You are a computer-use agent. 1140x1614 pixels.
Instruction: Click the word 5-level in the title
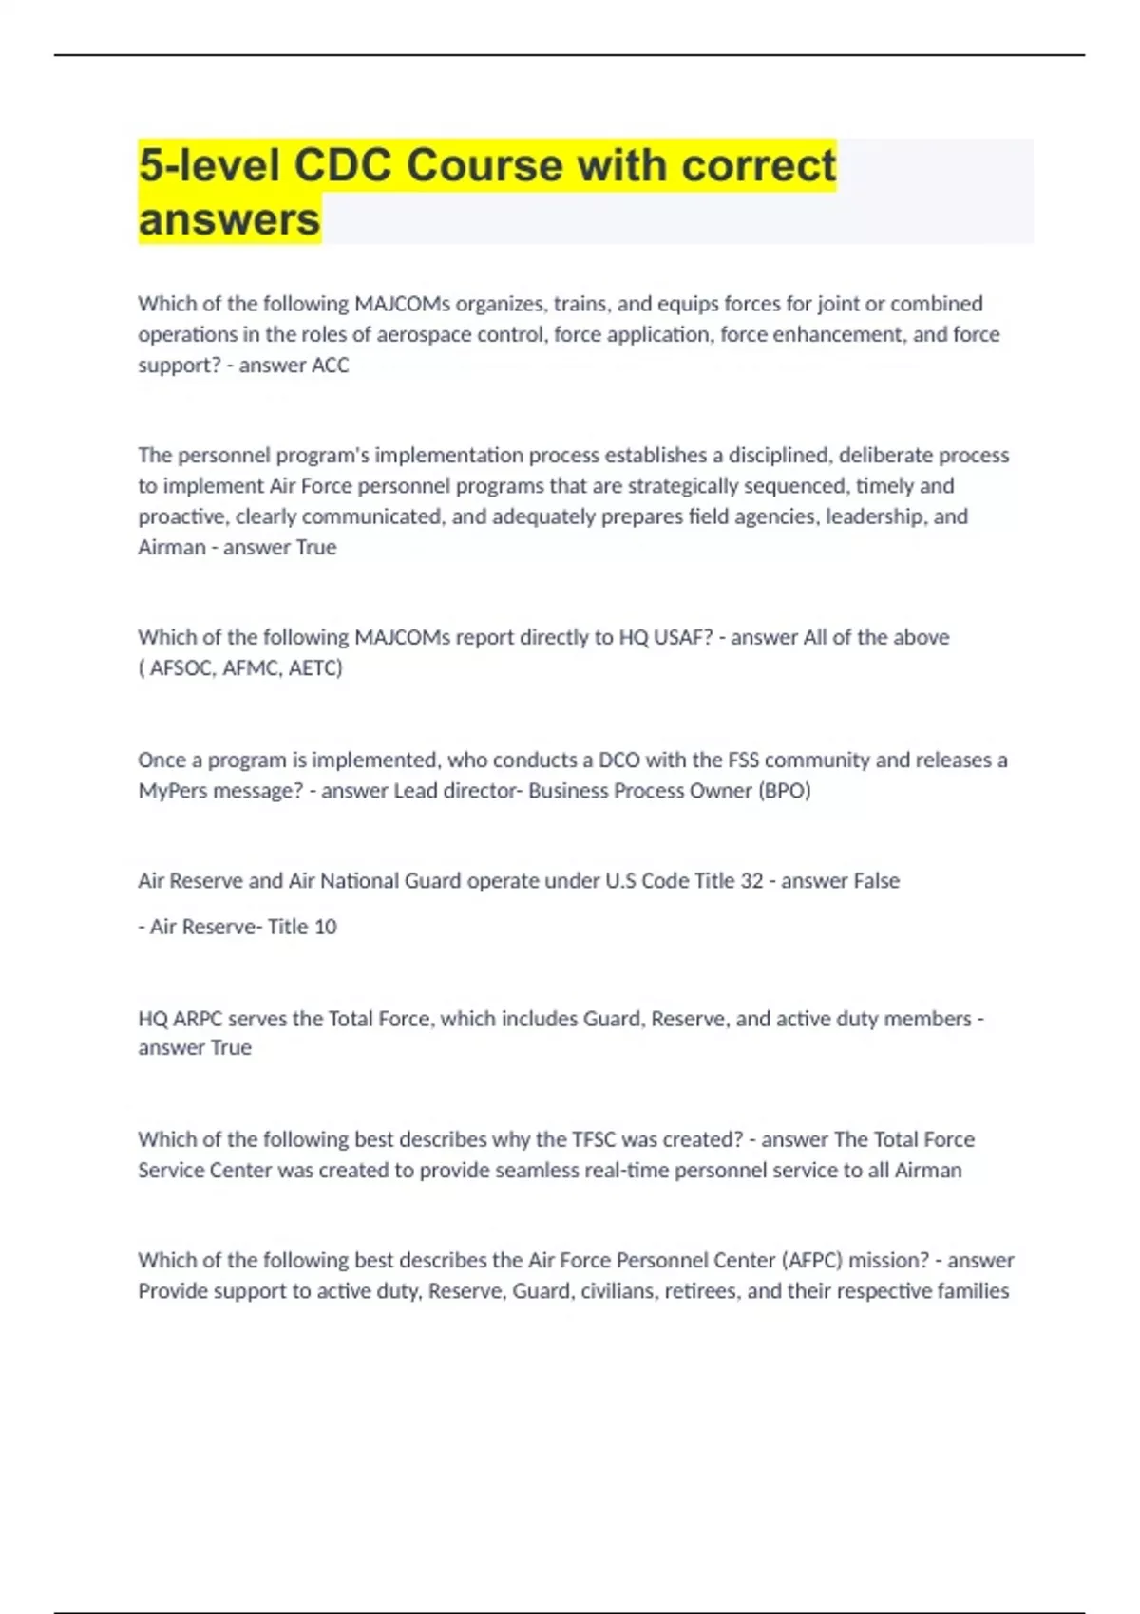209,165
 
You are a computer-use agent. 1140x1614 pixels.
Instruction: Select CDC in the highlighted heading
342,165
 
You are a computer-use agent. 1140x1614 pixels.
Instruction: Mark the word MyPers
171,791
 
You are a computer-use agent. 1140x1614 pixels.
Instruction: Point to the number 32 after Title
751,881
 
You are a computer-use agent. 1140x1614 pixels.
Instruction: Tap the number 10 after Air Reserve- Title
325,927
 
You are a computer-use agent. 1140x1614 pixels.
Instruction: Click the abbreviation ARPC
198,1019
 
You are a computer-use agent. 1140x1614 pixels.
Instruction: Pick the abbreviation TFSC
594,1139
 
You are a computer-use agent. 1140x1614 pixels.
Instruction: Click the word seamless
534,1171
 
